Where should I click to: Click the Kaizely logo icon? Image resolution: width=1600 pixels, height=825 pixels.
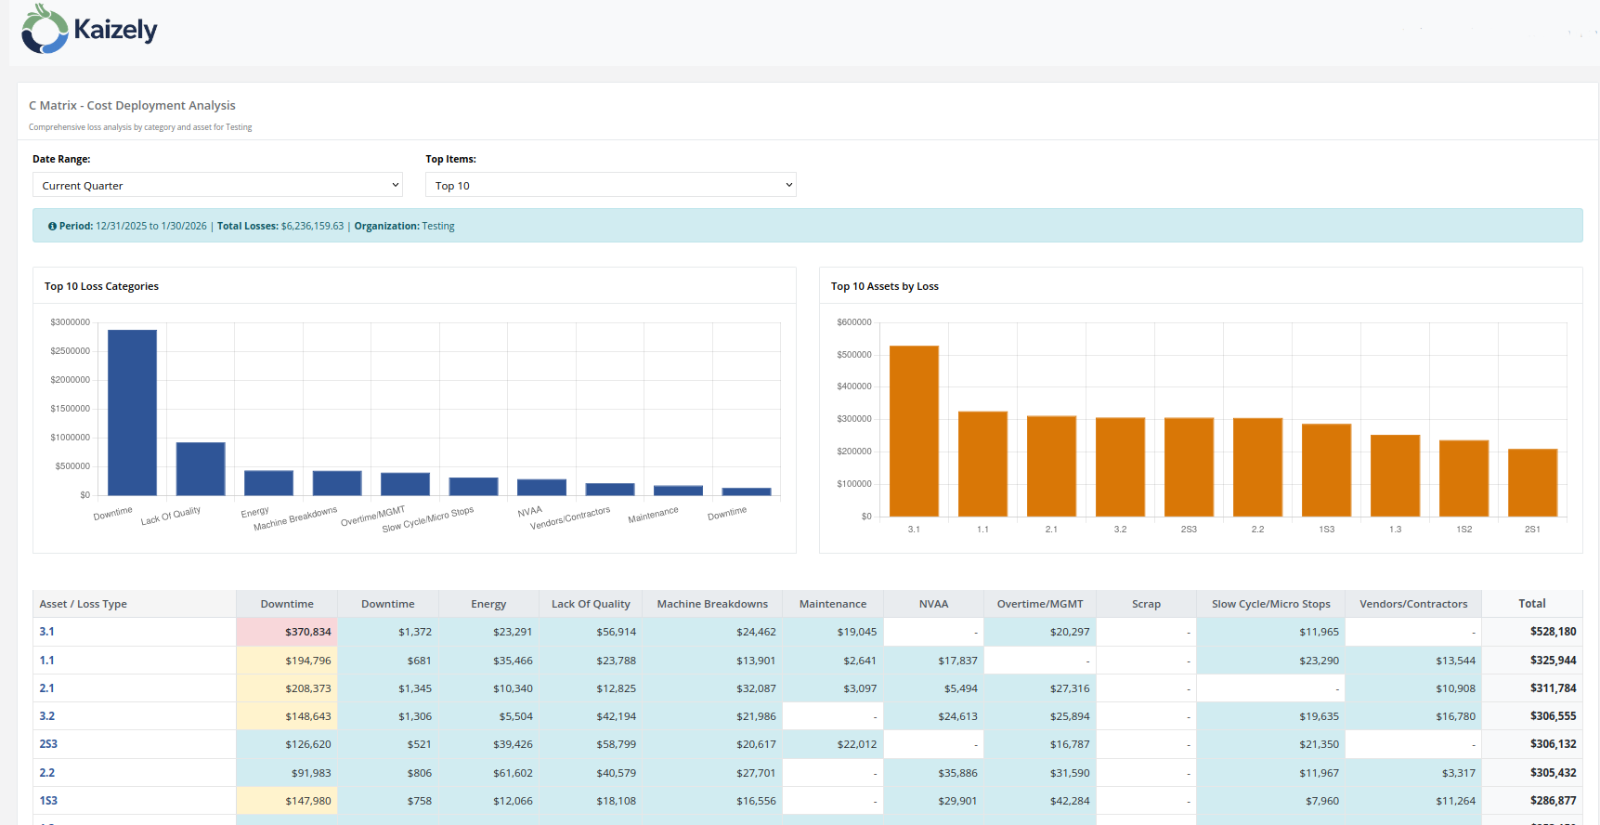pyautogui.click(x=45, y=29)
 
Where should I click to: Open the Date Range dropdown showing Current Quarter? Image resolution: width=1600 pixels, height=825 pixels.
pyautogui.click(x=217, y=185)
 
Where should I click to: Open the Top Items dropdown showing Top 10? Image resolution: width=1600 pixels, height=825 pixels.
pyautogui.click(x=610, y=185)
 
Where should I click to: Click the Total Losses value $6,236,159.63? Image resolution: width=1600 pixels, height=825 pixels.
pyautogui.click(x=312, y=226)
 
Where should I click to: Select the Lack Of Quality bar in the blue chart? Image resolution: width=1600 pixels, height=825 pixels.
pyautogui.click(x=201, y=468)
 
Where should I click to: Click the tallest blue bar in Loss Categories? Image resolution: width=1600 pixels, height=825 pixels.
pyautogui.click(x=132, y=412)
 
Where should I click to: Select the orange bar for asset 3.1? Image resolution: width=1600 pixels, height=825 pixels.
pyautogui.click(x=914, y=430)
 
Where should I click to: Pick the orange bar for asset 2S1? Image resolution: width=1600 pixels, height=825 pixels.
pyautogui.click(x=1532, y=482)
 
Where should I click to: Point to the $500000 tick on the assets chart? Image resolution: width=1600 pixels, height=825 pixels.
pyautogui.click(x=853, y=354)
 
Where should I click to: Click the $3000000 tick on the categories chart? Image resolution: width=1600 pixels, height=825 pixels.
pyautogui.click(x=71, y=322)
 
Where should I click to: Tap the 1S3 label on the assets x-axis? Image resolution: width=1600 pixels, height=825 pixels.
pyautogui.click(x=1326, y=530)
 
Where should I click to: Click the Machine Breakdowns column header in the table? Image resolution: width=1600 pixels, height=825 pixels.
pyautogui.click(x=712, y=604)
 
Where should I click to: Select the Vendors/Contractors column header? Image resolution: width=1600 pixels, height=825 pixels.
pyautogui.click(x=1413, y=604)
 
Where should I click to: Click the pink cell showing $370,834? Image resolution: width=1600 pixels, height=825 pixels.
pyautogui.click(x=287, y=632)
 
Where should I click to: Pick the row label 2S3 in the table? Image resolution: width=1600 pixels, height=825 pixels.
pyautogui.click(x=48, y=744)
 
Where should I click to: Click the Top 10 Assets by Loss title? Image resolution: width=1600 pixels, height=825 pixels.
pyautogui.click(x=884, y=286)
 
